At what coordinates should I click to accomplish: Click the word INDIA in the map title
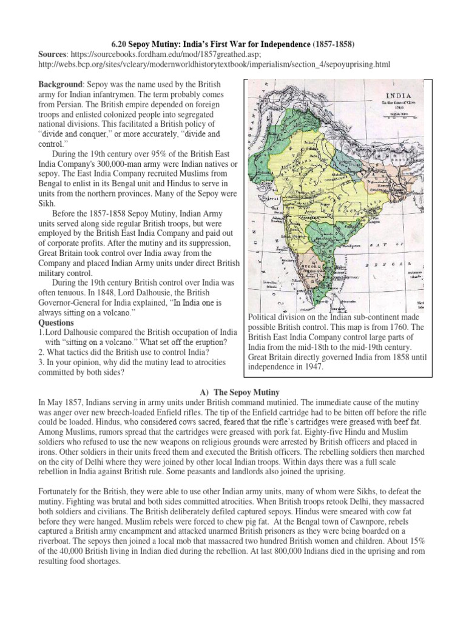click(397, 96)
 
